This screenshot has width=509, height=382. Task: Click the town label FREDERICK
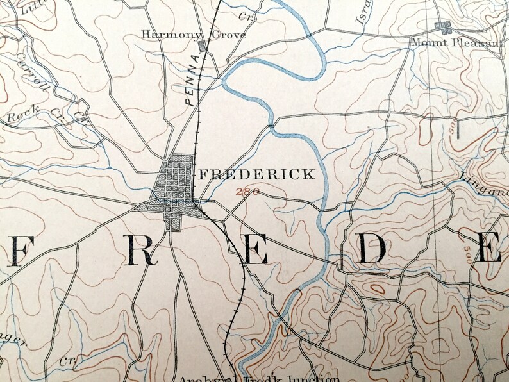point(256,174)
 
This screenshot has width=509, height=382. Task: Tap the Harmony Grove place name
point(193,34)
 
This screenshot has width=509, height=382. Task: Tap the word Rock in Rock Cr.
point(19,117)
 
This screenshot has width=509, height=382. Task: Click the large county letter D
point(372,249)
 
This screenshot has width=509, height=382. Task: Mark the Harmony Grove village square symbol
point(203,46)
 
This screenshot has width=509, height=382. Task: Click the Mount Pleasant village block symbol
point(442,26)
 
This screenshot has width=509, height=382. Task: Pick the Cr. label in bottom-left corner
point(66,360)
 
